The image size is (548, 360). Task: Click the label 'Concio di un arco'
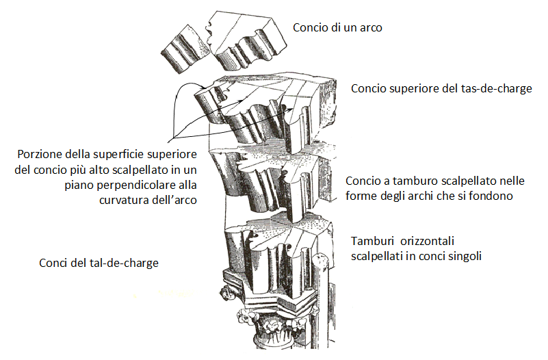(x=337, y=28)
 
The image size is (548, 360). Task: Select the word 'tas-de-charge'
(x=498, y=89)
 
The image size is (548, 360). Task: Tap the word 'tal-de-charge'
(x=125, y=263)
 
